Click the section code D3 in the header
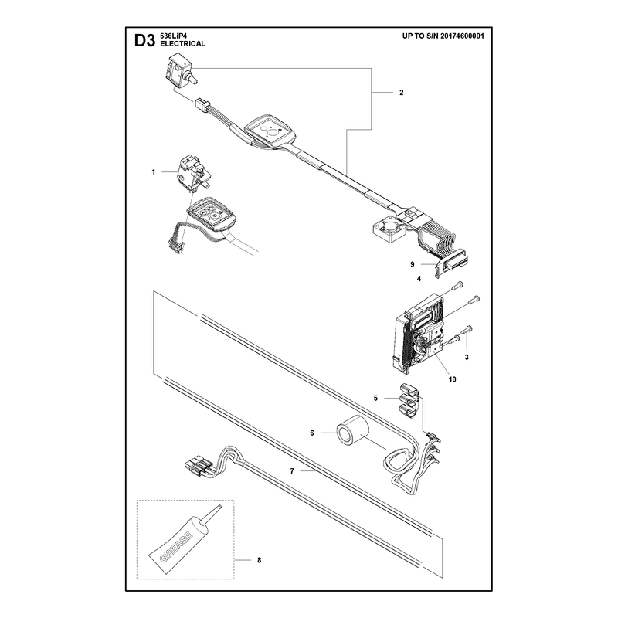click(x=144, y=41)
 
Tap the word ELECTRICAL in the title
click(x=182, y=44)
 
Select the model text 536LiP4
click(x=173, y=36)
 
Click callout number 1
click(x=153, y=172)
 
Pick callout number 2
click(x=401, y=93)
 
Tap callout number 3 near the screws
click(x=467, y=358)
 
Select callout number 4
click(x=419, y=279)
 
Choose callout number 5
click(x=375, y=399)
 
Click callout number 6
click(x=312, y=433)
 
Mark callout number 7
click(x=292, y=471)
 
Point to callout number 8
click(x=259, y=560)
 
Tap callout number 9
click(x=413, y=264)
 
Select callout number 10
click(x=452, y=379)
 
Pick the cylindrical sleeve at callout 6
click(x=351, y=433)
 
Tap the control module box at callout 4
click(x=419, y=334)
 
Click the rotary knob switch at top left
click(x=180, y=73)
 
